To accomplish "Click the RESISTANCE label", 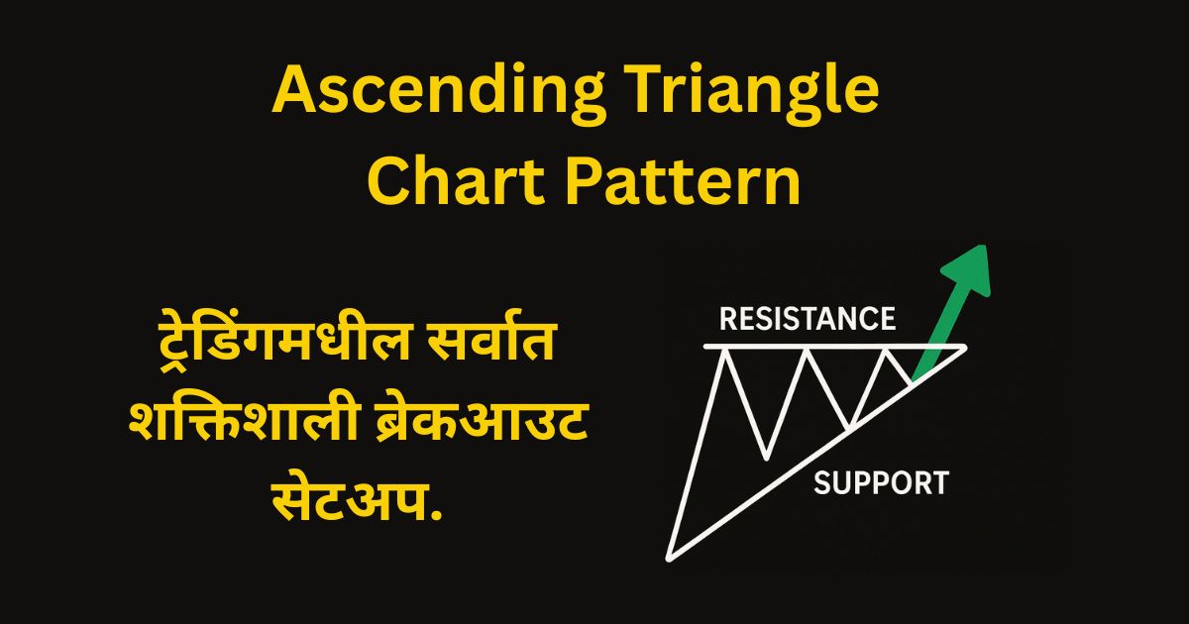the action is click(x=808, y=318).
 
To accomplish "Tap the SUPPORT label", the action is click(x=881, y=483).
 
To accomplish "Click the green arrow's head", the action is click(x=969, y=268).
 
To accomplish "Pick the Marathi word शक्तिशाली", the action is click(x=245, y=425).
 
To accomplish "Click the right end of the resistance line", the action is click(x=964, y=347).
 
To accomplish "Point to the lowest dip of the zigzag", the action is click(x=766, y=458).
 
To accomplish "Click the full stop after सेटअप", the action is click(x=436, y=517).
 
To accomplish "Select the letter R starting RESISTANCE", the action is click(x=728, y=318).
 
